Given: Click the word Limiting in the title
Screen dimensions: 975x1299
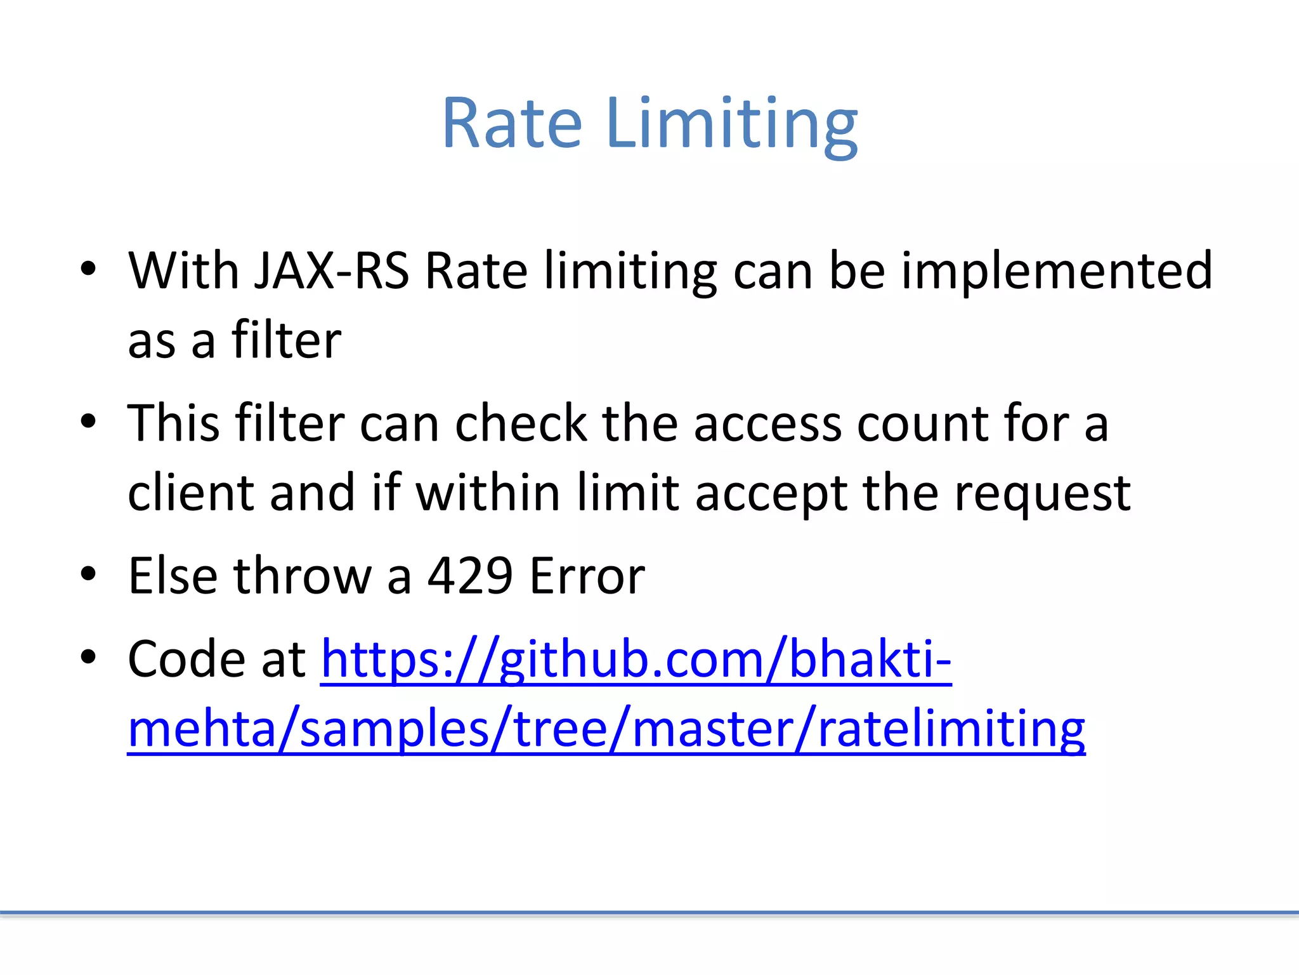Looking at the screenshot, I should [731, 124].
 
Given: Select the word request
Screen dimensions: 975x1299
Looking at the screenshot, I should [1042, 494].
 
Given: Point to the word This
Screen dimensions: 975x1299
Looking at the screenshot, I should [173, 423].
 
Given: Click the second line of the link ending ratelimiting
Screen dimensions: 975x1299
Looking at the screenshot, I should [606, 729].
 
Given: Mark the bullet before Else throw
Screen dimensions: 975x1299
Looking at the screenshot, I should [88, 574].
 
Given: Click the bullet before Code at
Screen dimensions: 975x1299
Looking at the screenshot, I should [88, 658].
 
